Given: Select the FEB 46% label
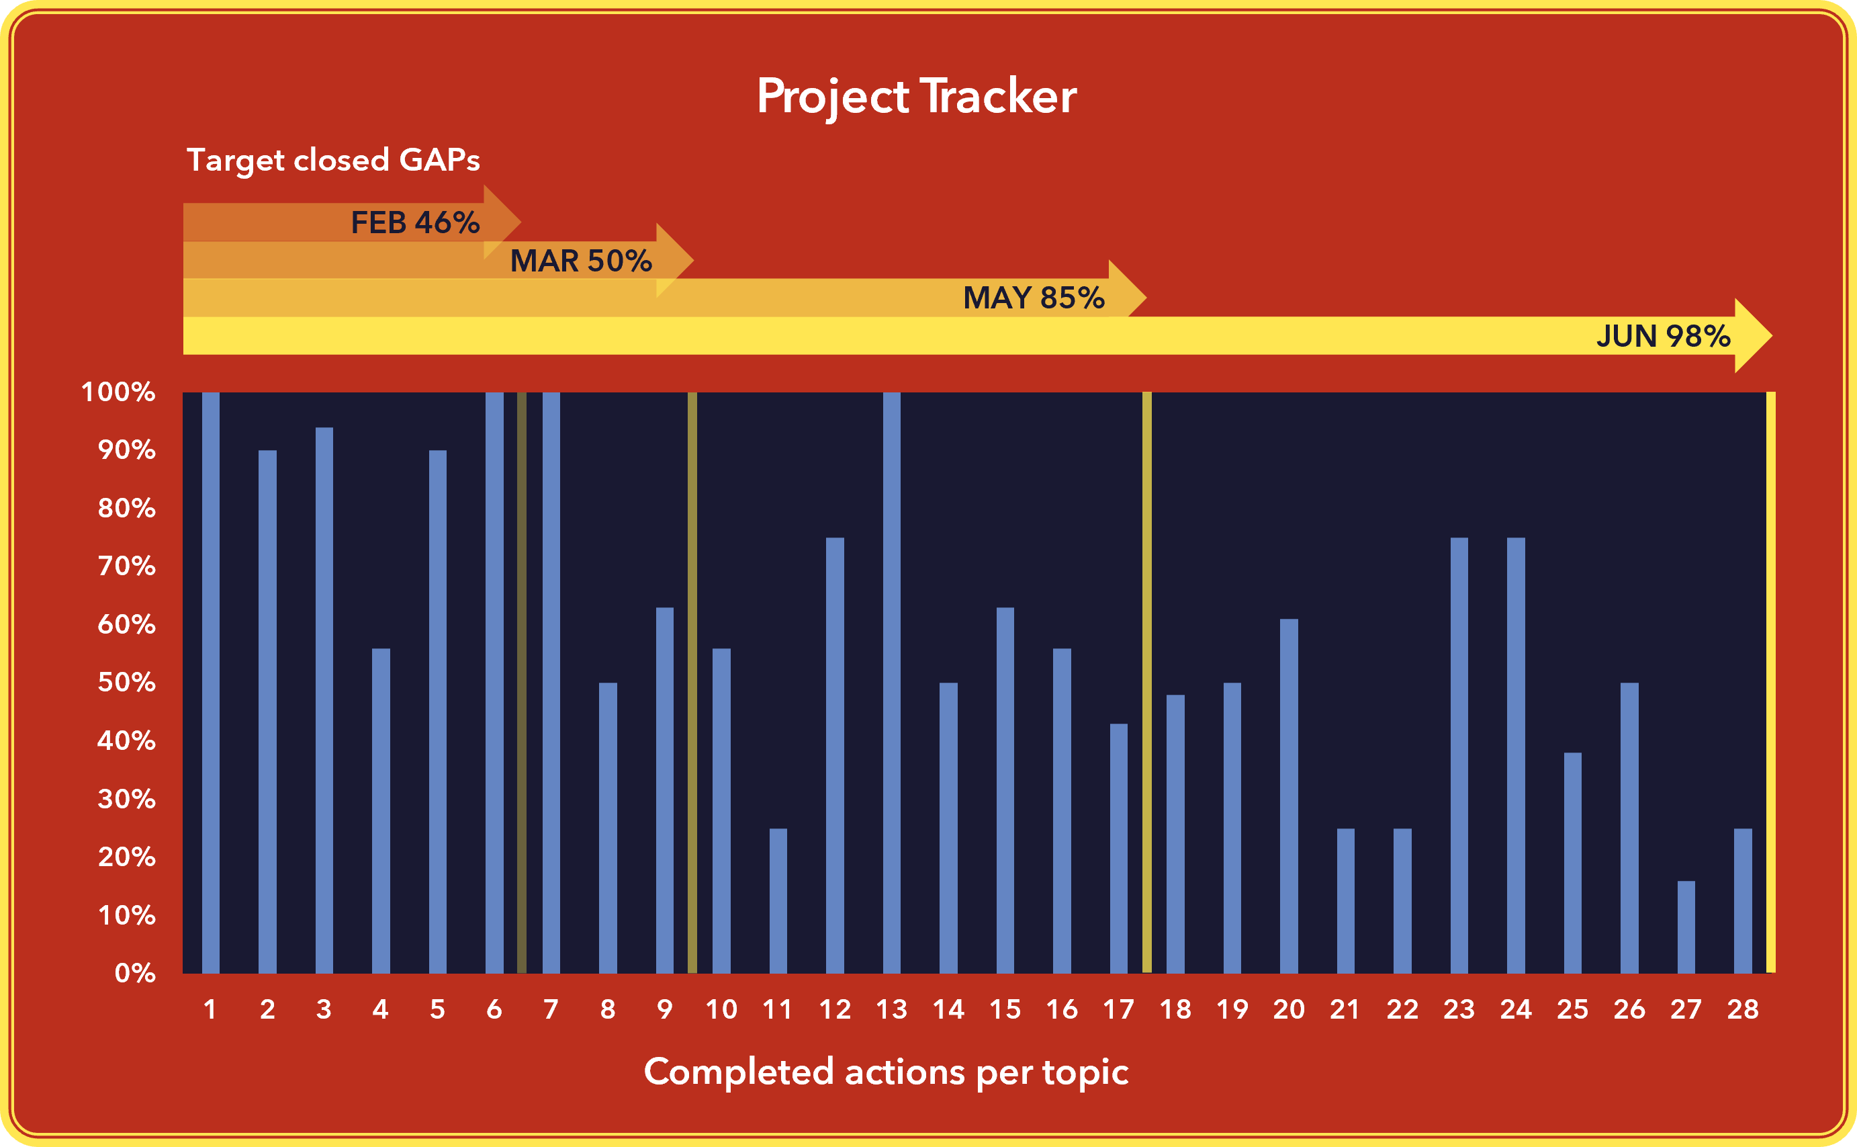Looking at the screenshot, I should pos(415,222).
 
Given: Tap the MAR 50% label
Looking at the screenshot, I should pos(581,260).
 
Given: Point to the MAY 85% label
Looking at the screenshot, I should pos(1033,298).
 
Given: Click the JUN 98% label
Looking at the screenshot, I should pos(1663,335).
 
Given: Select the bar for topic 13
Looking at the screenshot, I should pos(892,683).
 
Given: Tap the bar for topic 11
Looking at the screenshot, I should pos(778,900).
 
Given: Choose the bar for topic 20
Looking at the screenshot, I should pos(1289,796).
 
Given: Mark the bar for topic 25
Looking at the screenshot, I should pos(1573,863).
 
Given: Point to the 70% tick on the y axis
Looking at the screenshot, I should pos(127,566).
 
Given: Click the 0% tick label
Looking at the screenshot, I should pos(135,973).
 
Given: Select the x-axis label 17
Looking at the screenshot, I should pos(1118,1010).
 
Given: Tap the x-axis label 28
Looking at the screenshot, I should pos(1743,1010).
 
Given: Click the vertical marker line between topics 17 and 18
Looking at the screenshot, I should pos(1146,683).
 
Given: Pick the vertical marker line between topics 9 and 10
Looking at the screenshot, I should pos(692,683).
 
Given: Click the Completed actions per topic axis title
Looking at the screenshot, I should pos(886,1072).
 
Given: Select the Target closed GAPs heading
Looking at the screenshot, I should pos(334,160).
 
